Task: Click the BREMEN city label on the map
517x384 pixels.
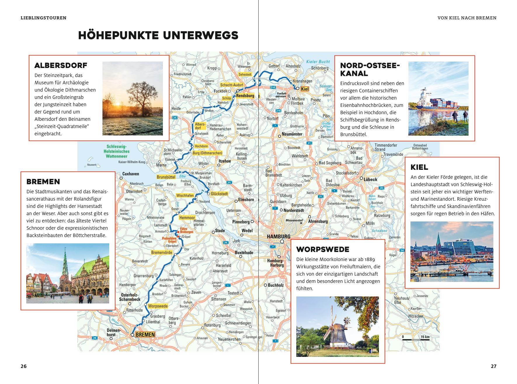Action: point(145,335)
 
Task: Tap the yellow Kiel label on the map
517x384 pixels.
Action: point(304,89)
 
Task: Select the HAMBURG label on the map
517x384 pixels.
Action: point(278,237)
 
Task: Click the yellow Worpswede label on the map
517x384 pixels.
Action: point(158,306)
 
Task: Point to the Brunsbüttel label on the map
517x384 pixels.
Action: point(166,177)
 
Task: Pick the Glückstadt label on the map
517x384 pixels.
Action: point(219,194)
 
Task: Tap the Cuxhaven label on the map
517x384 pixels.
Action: point(130,174)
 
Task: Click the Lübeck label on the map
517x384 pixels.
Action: point(370,179)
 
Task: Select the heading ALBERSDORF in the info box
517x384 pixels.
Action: point(61,65)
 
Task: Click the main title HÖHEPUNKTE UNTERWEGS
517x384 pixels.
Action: point(158,35)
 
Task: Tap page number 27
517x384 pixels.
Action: point(493,366)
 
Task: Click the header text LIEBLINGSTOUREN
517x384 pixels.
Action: point(43,18)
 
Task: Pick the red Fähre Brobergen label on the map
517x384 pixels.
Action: point(186,231)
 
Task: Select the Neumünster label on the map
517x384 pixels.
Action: point(292,134)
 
